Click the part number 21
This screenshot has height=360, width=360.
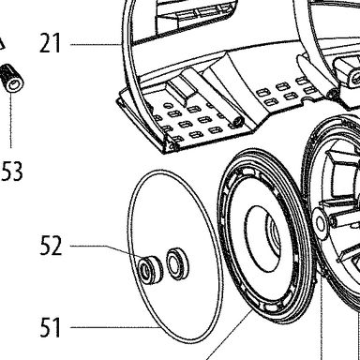[x=50, y=43]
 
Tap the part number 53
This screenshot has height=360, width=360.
[x=12, y=172]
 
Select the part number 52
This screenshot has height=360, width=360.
[x=51, y=246]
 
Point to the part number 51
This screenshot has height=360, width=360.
[x=50, y=327]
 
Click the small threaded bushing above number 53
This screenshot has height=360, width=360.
[x=12, y=78]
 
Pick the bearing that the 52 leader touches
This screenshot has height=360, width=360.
[x=150, y=270]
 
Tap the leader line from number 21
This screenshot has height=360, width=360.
[x=96, y=45]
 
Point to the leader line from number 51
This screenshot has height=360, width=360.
[x=114, y=327]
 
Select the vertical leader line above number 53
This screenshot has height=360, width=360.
[x=11, y=120]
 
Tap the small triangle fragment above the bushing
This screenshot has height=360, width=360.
[x=3, y=44]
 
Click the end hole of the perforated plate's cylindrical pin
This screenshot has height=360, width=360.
[x=238, y=121]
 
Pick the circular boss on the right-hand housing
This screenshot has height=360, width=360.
[x=321, y=223]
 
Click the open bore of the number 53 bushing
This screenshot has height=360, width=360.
[x=14, y=85]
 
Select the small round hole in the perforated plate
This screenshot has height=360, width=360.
[x=168, y=104]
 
